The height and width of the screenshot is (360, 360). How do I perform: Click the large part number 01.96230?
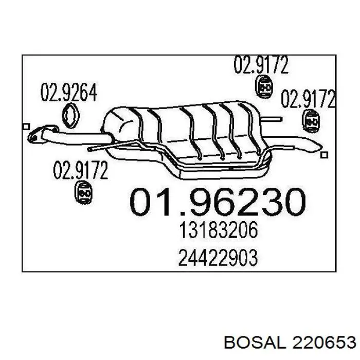[218, 202]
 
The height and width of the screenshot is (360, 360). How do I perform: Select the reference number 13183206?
[218, 230]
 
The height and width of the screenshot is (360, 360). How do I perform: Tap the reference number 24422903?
[218, 258]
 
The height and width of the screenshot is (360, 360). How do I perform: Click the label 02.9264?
[68, 92]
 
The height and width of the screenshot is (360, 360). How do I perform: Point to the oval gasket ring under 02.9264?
[63, 116]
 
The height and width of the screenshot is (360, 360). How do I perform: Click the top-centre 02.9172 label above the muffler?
[261, 64]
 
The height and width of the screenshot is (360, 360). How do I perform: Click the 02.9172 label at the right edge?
[309, 99]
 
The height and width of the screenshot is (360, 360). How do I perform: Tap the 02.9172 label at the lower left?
[81, 170]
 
